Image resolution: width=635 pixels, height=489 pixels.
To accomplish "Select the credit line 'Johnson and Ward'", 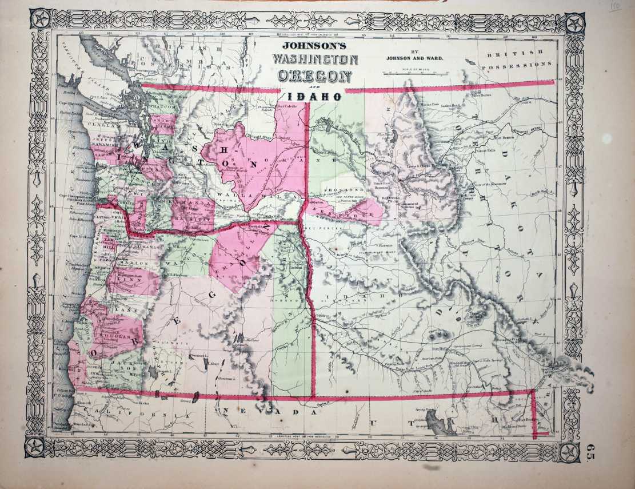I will click(x=414, y=58).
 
